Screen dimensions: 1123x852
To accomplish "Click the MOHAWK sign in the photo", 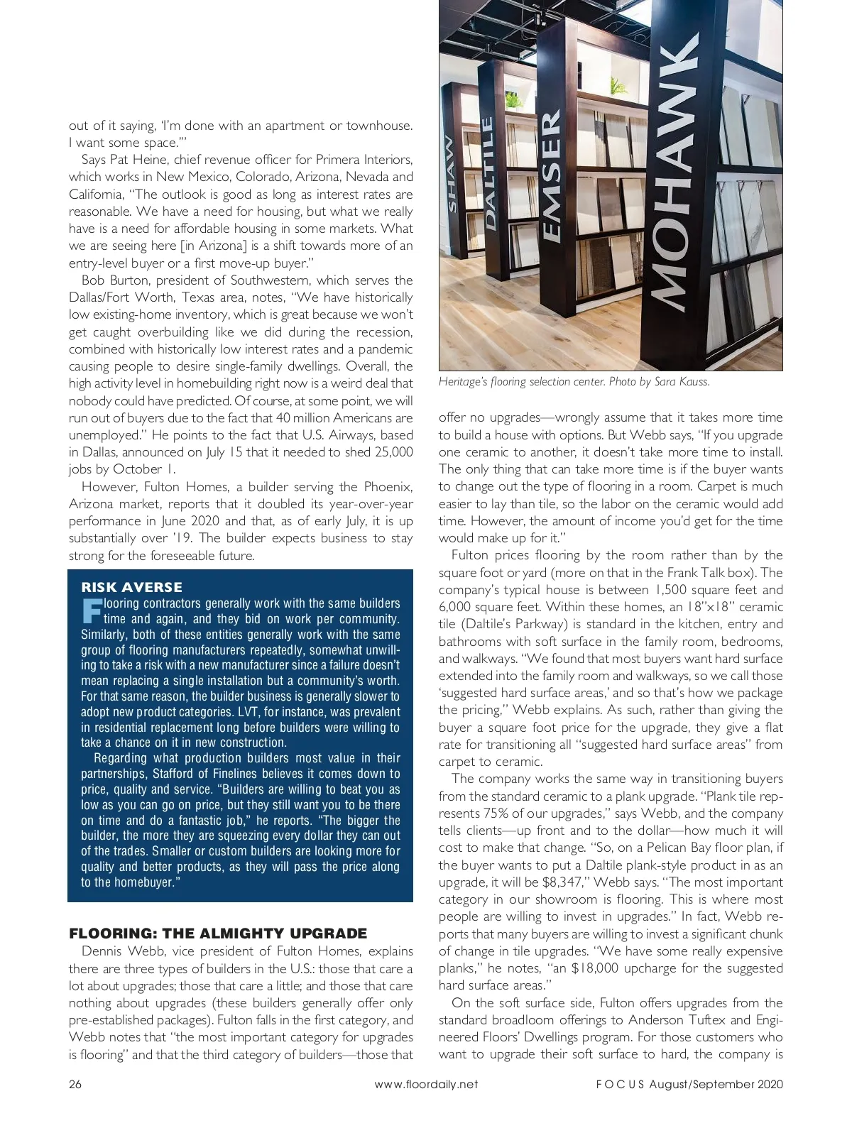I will coord(674,177).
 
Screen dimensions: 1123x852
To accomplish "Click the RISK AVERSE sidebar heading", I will coord(132,587).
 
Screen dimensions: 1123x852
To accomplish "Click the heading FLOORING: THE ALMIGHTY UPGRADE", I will coord(218,933).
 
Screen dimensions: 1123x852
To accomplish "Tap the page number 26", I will coord(76,1084).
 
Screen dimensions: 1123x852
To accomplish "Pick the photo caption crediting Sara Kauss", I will coord(574,382).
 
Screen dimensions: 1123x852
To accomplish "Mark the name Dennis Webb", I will coord(119,951).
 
